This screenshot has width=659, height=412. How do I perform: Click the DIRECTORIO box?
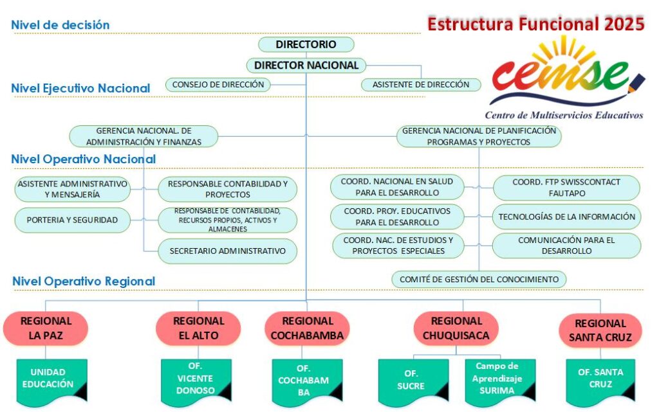pos(306,44)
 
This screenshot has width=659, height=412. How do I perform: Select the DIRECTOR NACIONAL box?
pos(306,65)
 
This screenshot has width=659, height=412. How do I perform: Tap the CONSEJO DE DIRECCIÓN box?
pos(218,84)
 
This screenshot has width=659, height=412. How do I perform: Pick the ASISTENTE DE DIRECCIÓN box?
pos(421,84)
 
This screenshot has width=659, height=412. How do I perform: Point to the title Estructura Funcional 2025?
pos(535,24)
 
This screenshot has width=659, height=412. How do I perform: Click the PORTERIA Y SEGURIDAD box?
pos(72,220)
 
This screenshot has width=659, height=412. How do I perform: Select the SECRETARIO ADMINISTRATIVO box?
pos(227,251)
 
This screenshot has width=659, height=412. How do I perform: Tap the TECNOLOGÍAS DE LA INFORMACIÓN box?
pos(566,217)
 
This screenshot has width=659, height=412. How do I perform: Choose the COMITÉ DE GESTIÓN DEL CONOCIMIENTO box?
pos(479,279)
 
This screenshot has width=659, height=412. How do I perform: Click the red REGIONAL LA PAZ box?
pos(46,328)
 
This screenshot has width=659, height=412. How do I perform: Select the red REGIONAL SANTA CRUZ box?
pos(600,330)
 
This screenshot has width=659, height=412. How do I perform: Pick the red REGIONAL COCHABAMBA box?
pos(306,328)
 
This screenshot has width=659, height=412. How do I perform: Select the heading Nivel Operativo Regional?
pos(84,281)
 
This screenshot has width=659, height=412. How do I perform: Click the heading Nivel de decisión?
pos(60,25)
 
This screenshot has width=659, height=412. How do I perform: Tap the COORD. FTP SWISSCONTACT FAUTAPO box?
pos(566,187)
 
